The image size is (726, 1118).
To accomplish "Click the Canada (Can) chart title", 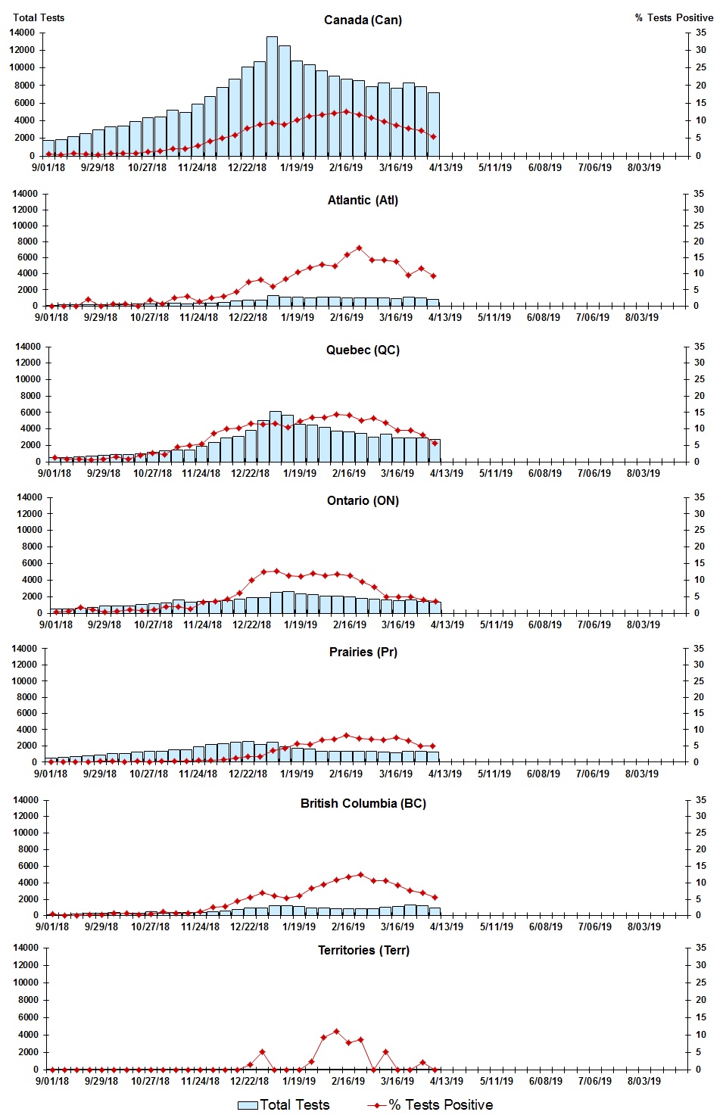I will click(x=363, y=20).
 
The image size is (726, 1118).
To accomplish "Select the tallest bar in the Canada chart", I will click(x=272, y=96).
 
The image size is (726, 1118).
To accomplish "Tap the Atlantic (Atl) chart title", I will click(x=363, y=200).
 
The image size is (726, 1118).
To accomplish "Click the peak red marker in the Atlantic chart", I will click(x=359, y=248).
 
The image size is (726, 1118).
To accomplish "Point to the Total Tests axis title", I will click(x=39, y=17).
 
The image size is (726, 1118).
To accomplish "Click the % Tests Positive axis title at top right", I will click(x=674, y=17).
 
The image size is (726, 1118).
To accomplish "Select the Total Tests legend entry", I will click(x=284, y=1105).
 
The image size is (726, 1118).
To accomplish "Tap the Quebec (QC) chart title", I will click(x=363, y=350).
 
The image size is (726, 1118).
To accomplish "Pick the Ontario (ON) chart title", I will click(x=363, y=500).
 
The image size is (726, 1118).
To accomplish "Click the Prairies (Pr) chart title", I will click(x=363, y=652).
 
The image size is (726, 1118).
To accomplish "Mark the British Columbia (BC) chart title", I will click(x=363, y=803).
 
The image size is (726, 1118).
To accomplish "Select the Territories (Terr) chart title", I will click(x=363, y=950).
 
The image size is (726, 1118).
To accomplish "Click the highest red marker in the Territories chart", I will click(x=336, y=1032).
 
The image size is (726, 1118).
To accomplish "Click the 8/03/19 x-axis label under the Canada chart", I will click(x=643, y=167).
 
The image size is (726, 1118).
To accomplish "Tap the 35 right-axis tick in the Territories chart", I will click(x=701, y=948).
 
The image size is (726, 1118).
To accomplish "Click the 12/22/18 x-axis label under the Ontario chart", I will click(x=251, y=624).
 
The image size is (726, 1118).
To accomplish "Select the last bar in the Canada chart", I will click(x=433, y=124).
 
